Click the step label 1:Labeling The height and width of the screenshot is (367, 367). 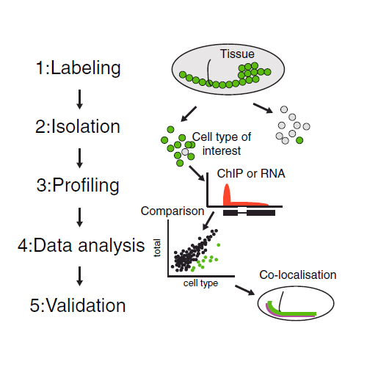[79, 68]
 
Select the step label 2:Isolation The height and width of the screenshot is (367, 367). [78, 126]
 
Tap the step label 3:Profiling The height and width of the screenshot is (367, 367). [78, 185]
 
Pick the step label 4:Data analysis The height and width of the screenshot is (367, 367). [81, 245]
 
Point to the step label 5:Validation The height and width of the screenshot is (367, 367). [78, 305]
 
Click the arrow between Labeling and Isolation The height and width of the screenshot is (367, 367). [79, 99]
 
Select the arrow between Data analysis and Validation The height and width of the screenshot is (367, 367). [79, 276]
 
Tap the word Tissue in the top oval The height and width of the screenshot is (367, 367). [237, 54]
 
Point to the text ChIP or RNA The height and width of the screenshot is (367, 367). [251, 173]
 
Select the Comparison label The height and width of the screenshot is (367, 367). [172, 211]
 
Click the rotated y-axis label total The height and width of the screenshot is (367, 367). [157, 248]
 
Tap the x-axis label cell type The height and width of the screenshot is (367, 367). [200, 283]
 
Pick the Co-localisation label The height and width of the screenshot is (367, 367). [298, 275]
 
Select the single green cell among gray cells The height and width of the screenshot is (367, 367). [299, 140]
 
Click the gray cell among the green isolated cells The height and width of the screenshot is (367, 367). [185, 152]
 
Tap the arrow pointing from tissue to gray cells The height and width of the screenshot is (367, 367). [263, 108]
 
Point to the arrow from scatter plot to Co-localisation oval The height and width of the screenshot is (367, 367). [244, 290]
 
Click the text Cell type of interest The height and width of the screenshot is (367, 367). [222, 144]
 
